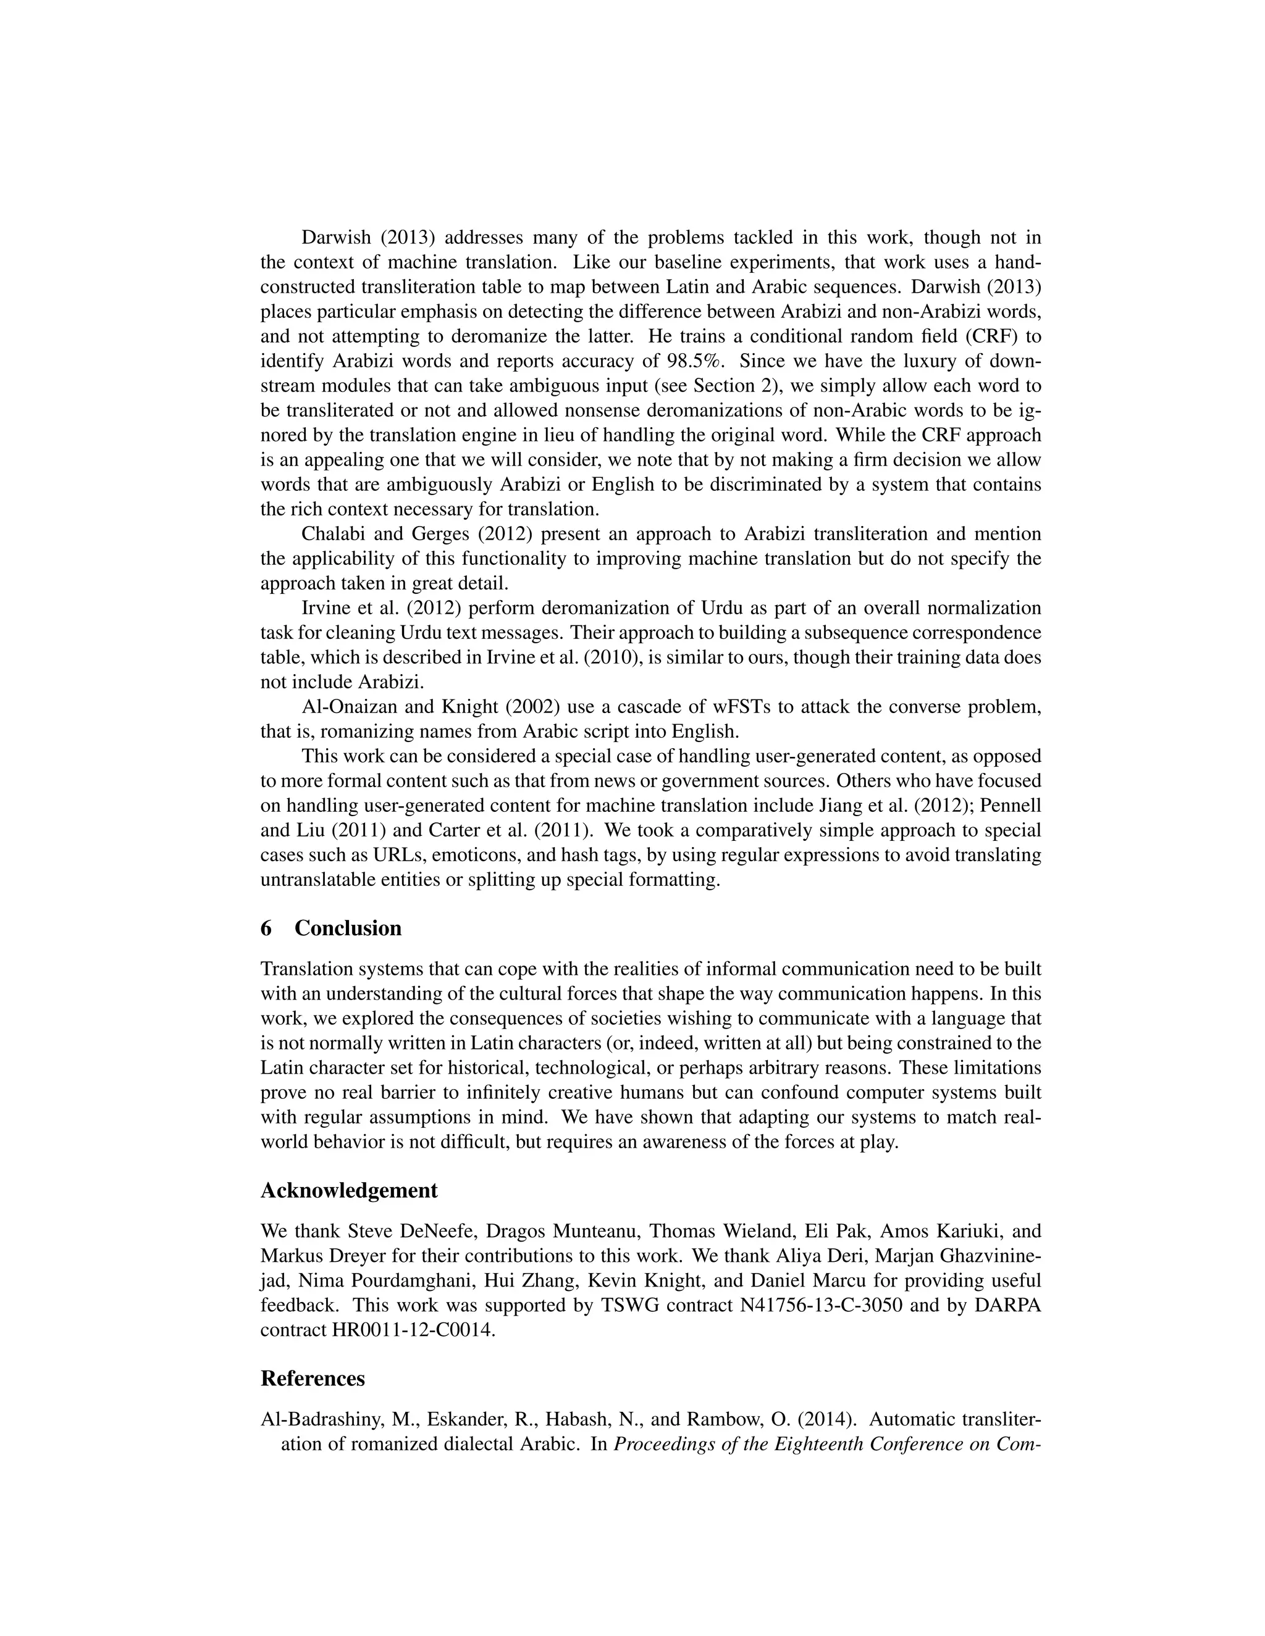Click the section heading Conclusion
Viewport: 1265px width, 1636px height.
pos(348,928)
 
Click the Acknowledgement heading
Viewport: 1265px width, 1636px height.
pos(348,1190)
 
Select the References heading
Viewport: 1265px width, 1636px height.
pos(313,1379)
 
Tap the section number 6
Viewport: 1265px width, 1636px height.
pos(266,928)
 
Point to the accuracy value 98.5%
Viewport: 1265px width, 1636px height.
pos(696,361)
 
